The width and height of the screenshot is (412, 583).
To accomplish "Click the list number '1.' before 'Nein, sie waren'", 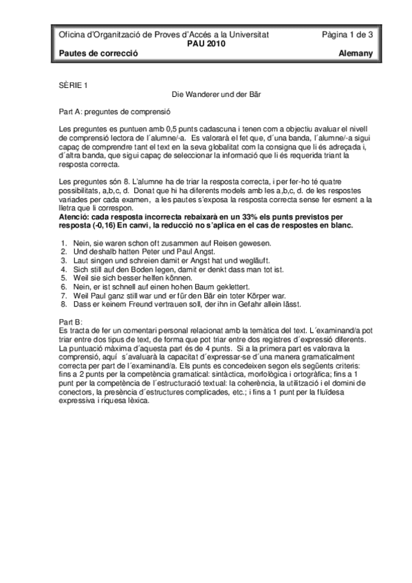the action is pos(64,243).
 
